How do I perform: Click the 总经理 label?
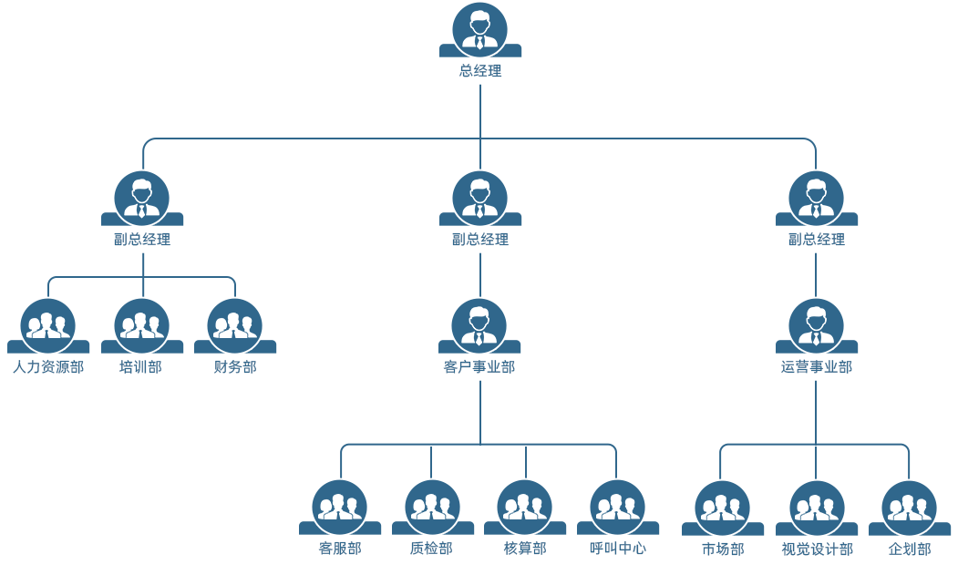click(x=480, y=70)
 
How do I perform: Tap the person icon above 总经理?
click(x=479, y=29)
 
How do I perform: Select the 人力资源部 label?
click(x=48, y=367)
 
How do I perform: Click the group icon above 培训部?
click(x=141, y=325)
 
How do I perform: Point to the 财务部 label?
click(x=235, y=367)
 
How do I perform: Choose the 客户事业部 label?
click(x=479, y=367)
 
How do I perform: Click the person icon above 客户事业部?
click(x=479, y=325)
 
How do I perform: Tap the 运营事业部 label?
click(x=817, y=367)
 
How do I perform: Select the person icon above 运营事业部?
click(x=816, y=325)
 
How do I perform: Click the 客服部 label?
click(x=340, y=549)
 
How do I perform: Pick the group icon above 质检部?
click(x=432, y=507)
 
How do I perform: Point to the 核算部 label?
click(x=525, y=549)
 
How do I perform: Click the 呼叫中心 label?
click(x=618, y=549)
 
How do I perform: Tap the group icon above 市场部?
click(x=723, y=507)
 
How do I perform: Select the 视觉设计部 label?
click(x=818, y=549)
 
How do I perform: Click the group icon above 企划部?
click(x=909, y=507)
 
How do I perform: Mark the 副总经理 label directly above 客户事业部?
click(x=480, y=240)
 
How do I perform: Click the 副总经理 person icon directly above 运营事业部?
click(x=816, y=198)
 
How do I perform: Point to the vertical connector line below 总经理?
click(x=480, y=109)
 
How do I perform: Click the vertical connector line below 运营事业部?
click(x=816, y=410)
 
